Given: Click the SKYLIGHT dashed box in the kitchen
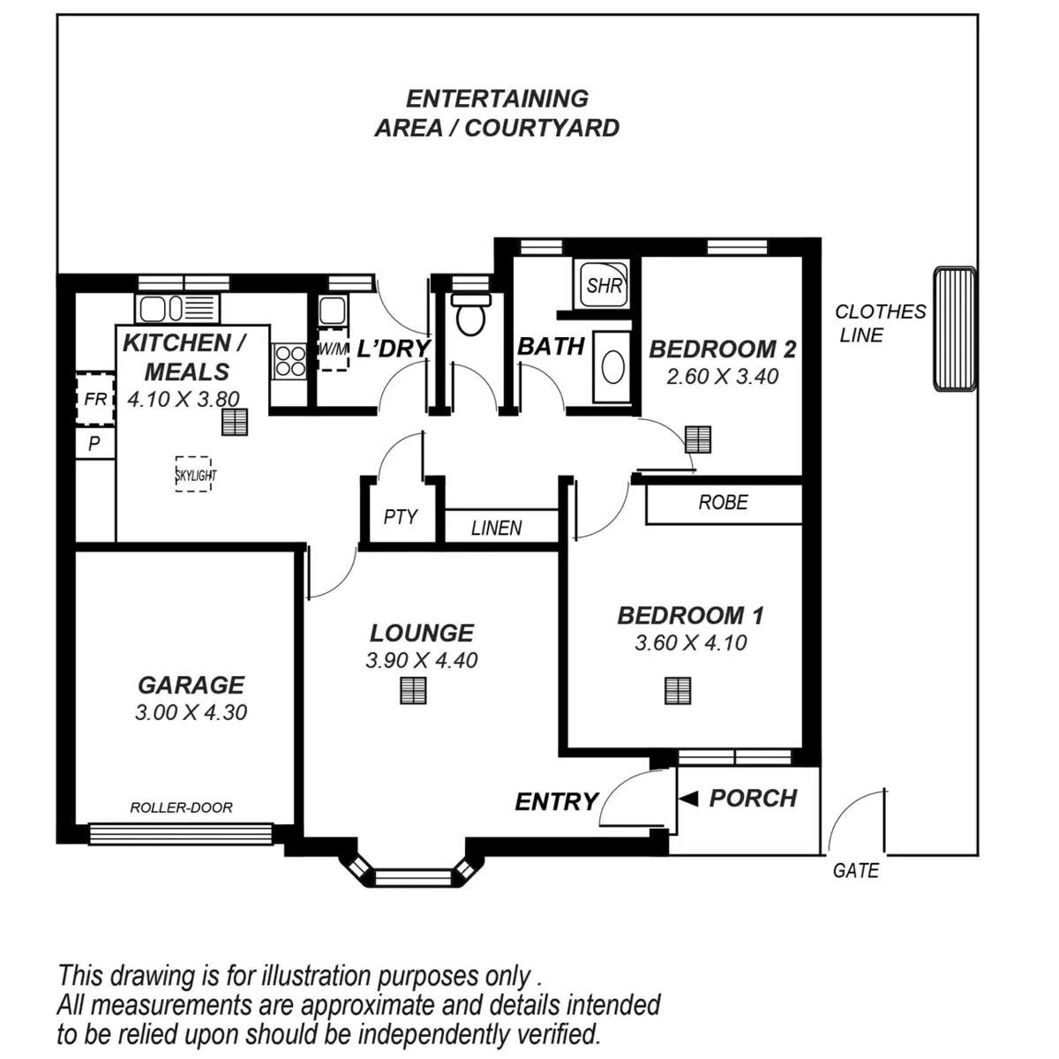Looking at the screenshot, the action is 193,474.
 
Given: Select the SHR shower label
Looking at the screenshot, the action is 605,285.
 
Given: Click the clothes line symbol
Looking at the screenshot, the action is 955,328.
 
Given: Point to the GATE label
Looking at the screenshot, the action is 855,871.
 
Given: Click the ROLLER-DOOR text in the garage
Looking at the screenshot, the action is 181,807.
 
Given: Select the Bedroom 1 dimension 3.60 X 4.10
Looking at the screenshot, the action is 690,643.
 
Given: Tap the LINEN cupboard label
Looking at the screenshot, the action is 496,528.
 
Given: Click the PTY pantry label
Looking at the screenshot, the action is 400,517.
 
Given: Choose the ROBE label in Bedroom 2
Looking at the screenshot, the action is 723,503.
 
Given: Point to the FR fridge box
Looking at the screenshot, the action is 94,400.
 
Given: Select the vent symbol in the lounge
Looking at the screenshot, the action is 413,690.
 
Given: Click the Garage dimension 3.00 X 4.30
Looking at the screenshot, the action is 191,713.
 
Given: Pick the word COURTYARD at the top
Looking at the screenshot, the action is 542,128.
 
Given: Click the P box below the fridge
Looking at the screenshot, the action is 94,444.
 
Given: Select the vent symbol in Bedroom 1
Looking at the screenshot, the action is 678,690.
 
